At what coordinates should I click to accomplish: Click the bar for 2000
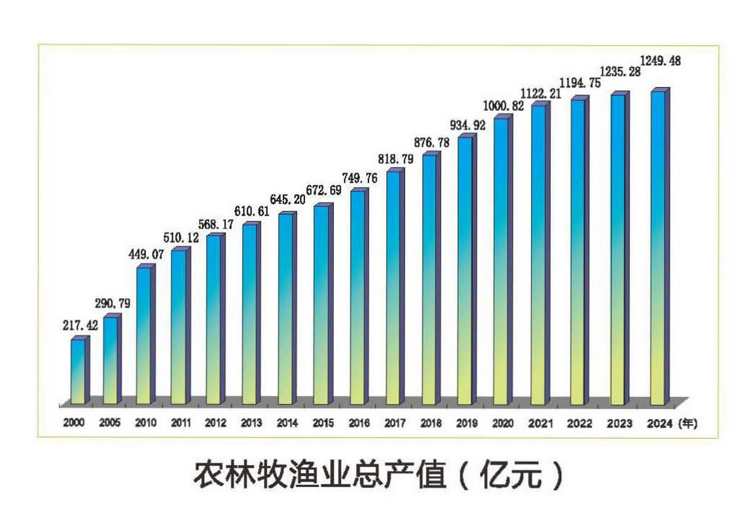coord(78,372)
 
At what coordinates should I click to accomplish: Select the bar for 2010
coord(144,335)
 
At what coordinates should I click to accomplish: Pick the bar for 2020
coord(501,261)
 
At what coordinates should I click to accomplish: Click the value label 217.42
coord(80,327)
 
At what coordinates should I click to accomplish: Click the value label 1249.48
coord(660,61)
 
